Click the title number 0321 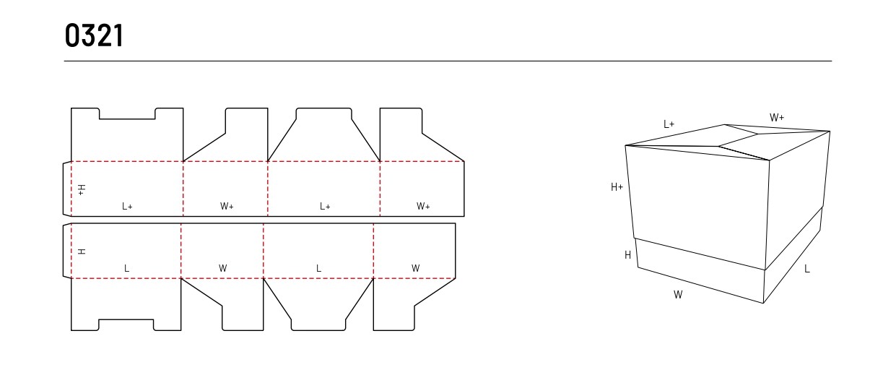94,35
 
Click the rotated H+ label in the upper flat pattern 81,190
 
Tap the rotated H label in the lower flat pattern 82,251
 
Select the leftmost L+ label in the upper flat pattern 127,206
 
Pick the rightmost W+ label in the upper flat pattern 423,206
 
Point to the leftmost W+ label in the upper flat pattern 227,206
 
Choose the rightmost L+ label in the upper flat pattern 325,206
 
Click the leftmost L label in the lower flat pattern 127,268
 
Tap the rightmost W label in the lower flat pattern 416,268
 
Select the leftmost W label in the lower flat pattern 223,268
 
